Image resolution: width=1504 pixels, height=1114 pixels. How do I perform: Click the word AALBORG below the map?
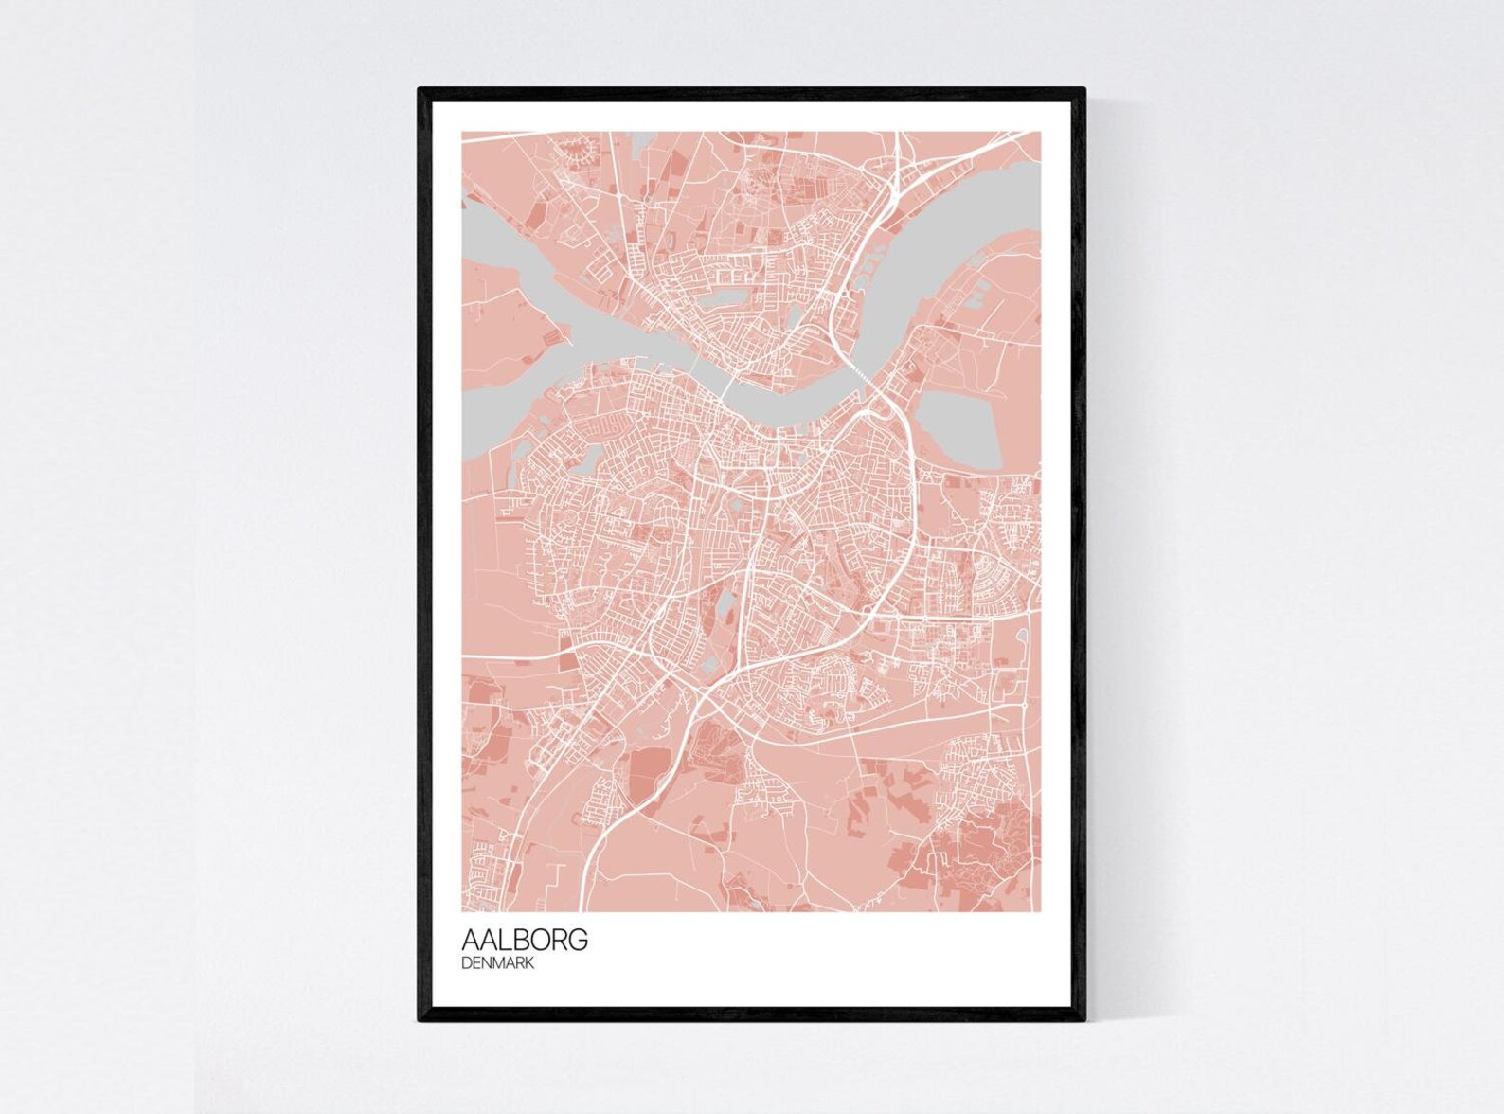(x=525, y=940)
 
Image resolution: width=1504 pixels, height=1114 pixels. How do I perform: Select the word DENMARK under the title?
(x=498, y=963)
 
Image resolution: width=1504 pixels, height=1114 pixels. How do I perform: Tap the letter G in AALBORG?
(x=579, y=940)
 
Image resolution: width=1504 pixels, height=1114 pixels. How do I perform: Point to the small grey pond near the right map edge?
(x=1024, y=639)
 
